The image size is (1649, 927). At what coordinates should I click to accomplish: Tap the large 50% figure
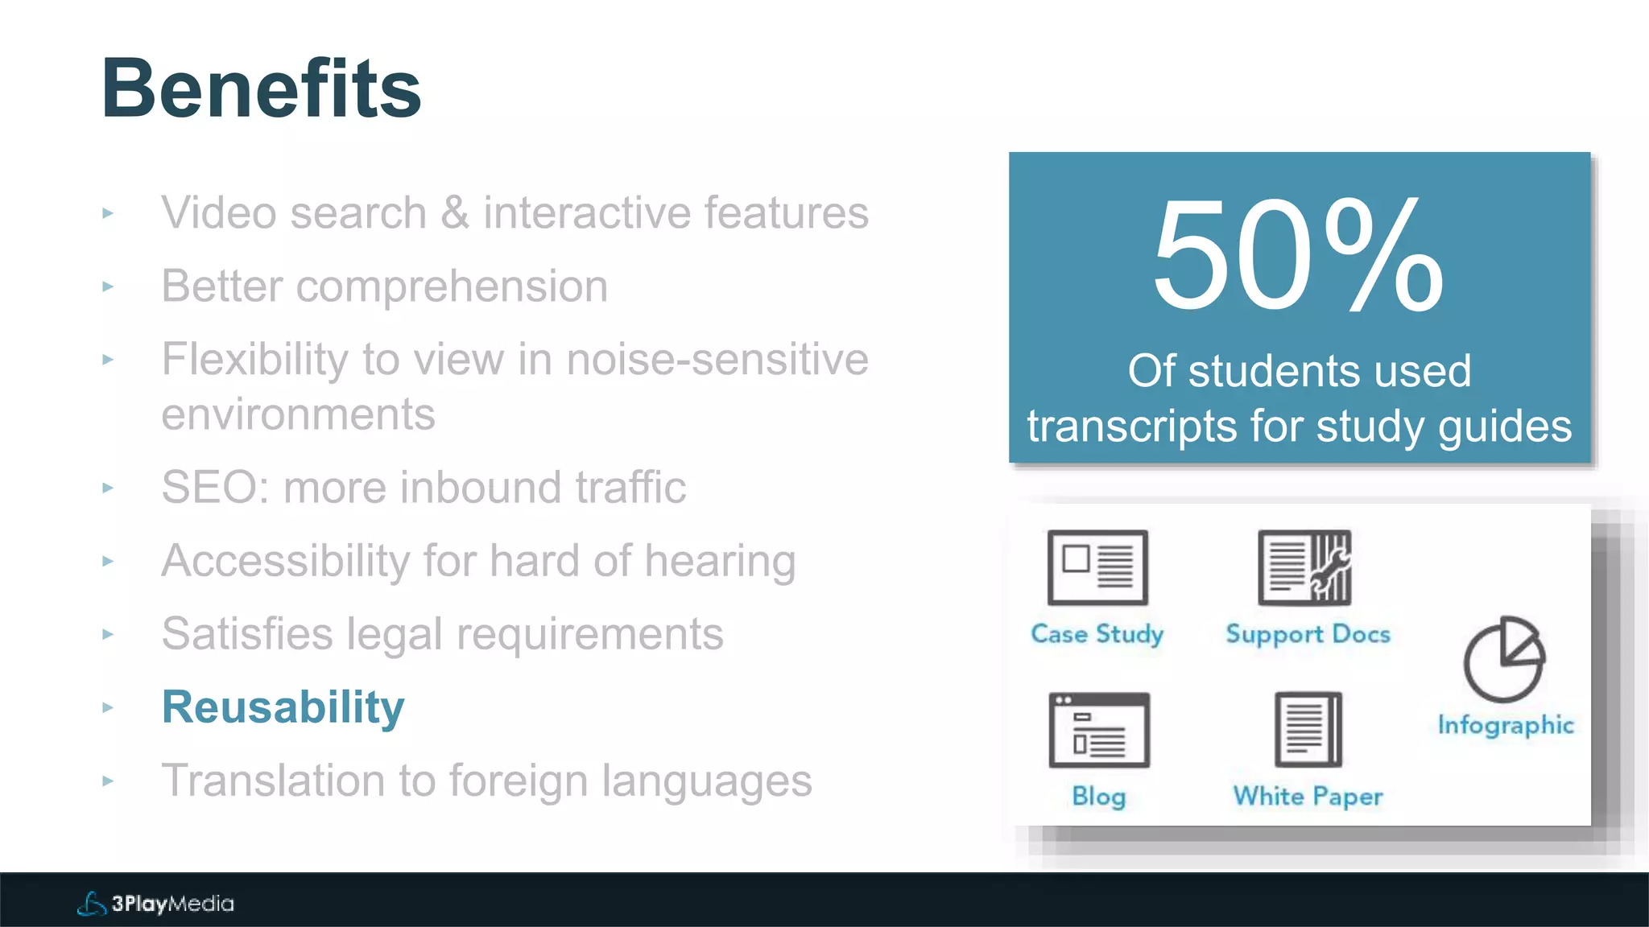[x=1298, y=256]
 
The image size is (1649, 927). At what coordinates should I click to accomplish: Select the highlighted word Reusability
[x=283, y=707]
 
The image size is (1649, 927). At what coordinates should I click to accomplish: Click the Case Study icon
[x=1097, y=567]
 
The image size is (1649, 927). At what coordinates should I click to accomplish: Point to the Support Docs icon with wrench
[x=1305, y=567]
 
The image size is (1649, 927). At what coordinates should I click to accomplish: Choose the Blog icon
[x=1099, y=730]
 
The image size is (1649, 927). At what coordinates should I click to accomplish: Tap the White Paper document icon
[x=1308, y=730]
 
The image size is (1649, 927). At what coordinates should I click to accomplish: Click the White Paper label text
[x=1308, y=797]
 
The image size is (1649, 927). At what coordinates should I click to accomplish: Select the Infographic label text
[x=1506, y=725]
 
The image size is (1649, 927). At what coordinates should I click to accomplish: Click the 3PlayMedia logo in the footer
[x=156, y=904]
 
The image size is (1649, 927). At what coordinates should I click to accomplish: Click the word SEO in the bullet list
[x=213, y=488]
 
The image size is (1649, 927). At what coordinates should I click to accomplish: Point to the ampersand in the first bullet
[x=455, y=213]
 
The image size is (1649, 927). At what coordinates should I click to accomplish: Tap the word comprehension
[x=452, y=286]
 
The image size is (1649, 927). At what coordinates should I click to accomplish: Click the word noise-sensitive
[x=717, y=359]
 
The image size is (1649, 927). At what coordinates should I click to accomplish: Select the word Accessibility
[x=286, y=561]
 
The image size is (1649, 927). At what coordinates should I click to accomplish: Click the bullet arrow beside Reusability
[x=108, y=708]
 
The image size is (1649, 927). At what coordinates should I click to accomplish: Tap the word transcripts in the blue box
[x=1131, y=426]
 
